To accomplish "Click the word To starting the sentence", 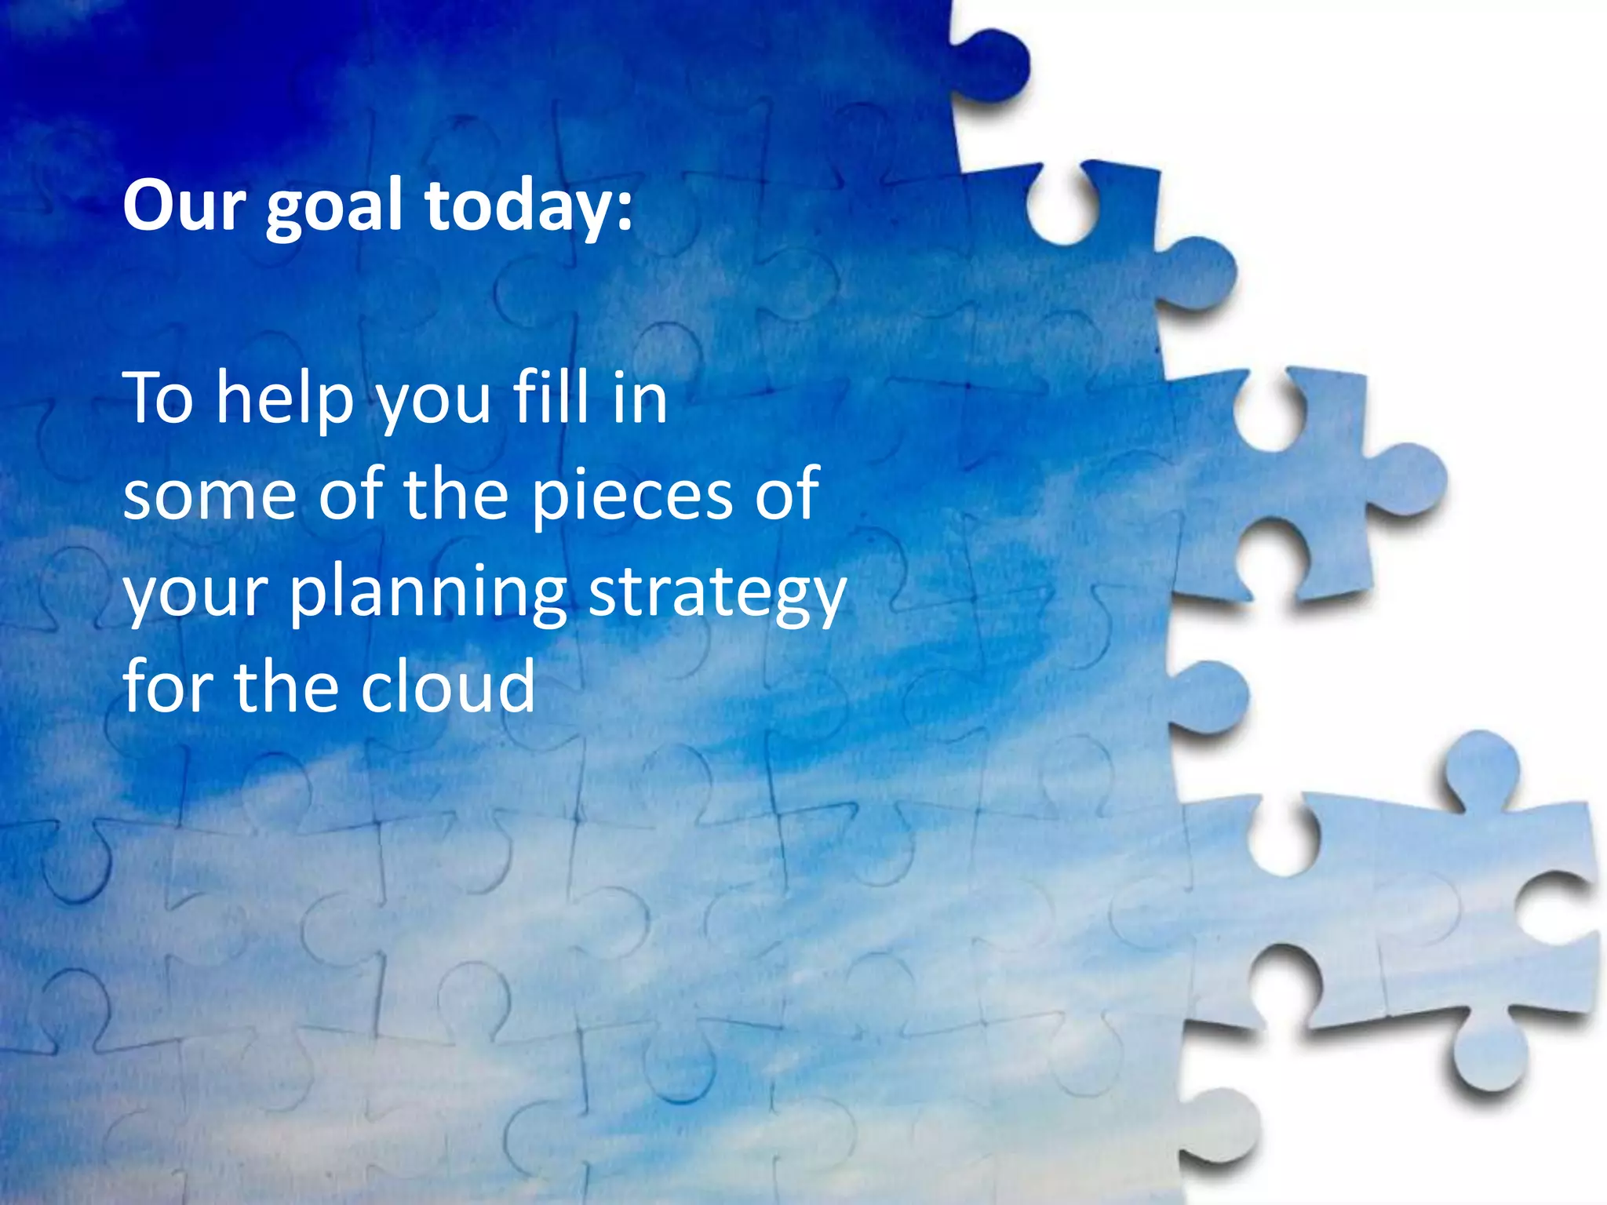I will pos(158,399).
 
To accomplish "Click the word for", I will pos(166,686).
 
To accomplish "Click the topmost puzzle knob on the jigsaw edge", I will pos(993,67).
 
